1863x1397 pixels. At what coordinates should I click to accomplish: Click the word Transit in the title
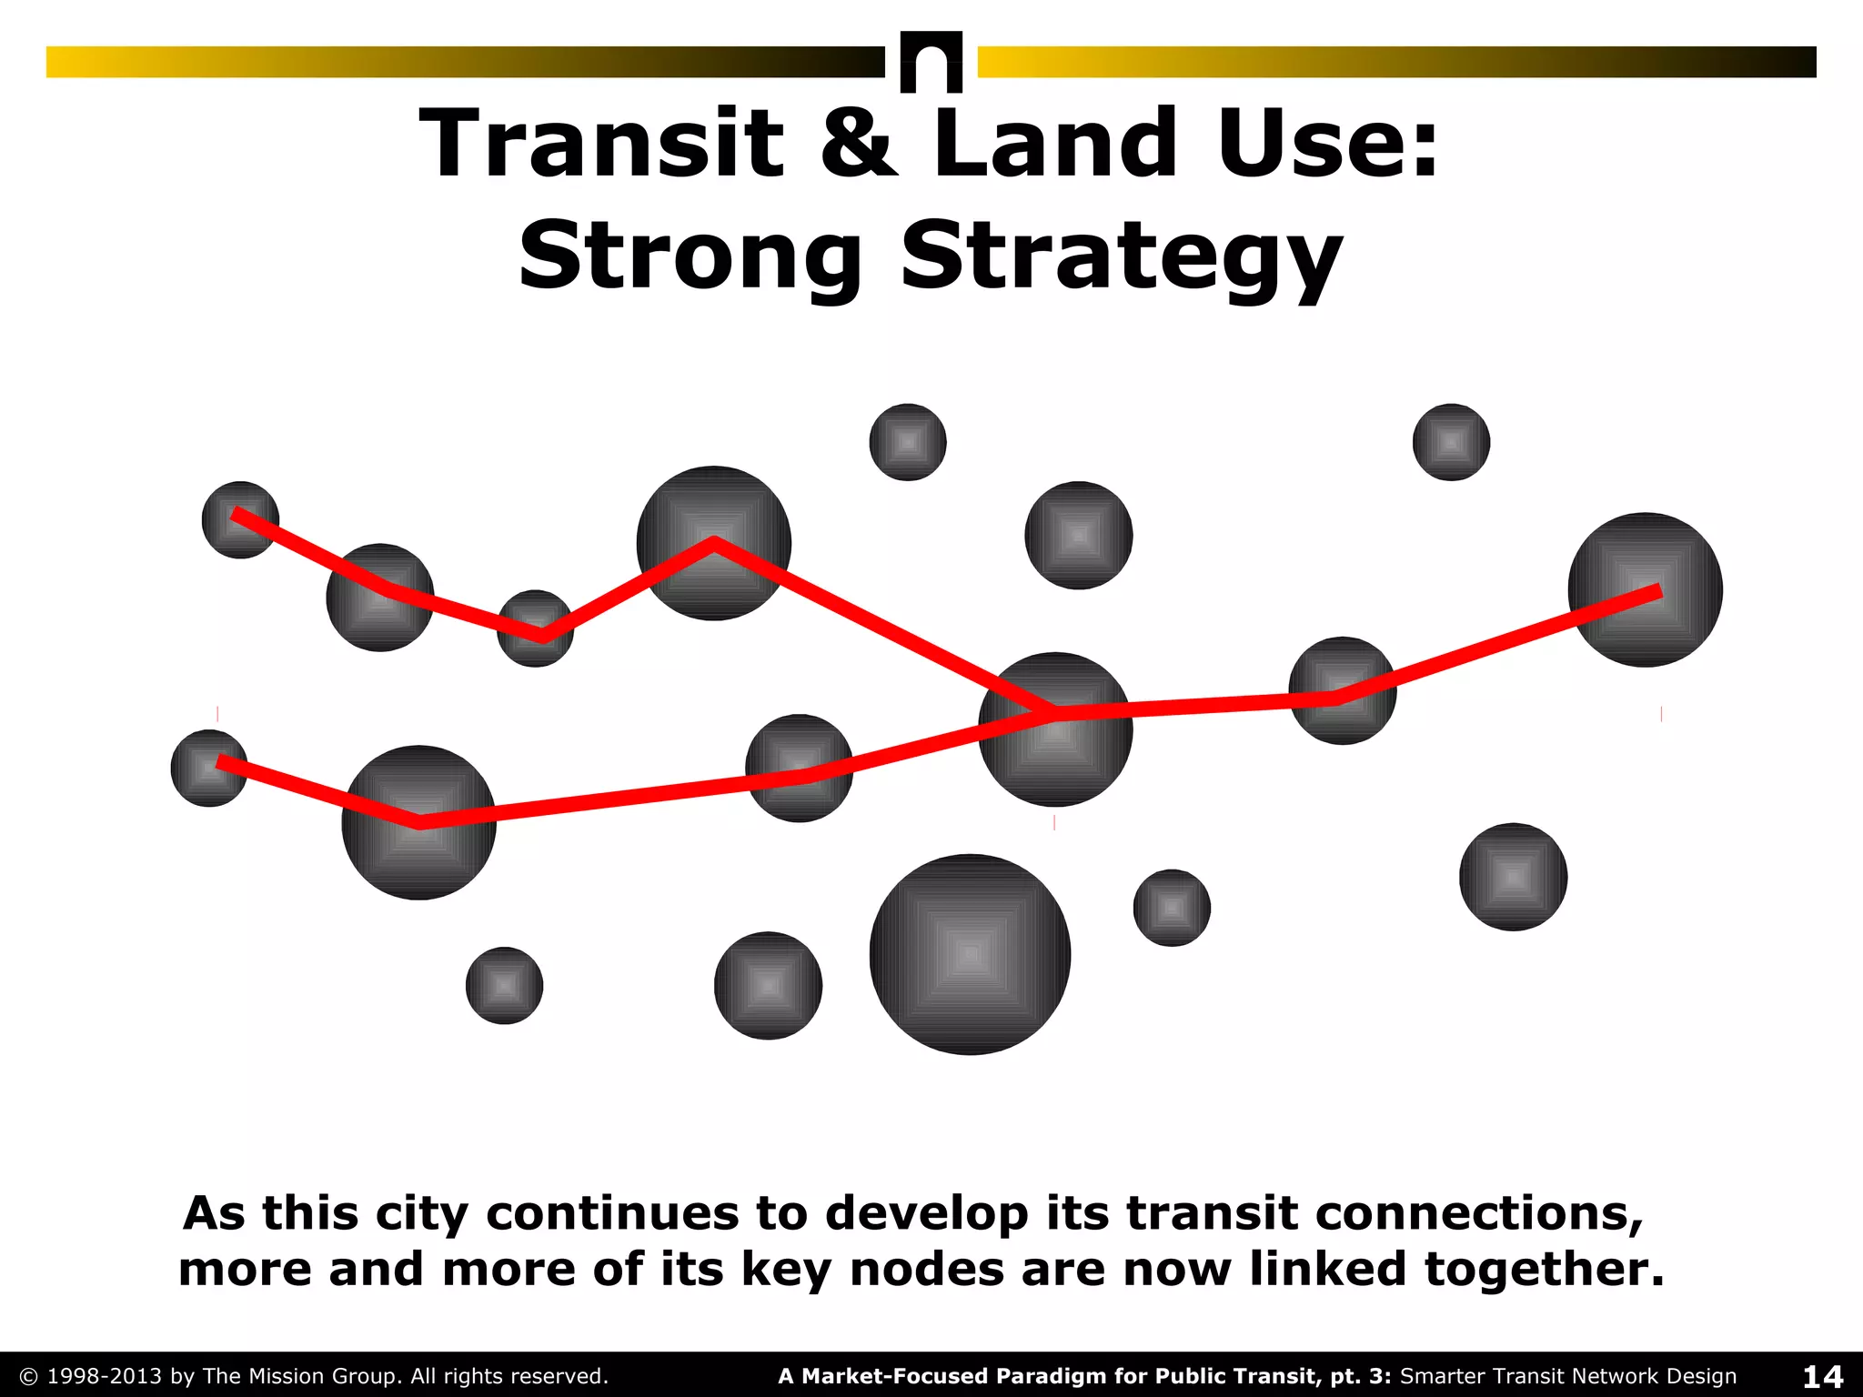pos(601,143)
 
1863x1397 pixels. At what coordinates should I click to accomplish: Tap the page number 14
pos(1822,1376)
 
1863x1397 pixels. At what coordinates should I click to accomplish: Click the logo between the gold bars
pos(931,62)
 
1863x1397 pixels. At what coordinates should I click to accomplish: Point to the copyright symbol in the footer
pos(28,1376)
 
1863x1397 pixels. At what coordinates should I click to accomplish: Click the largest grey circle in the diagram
pos(970,954)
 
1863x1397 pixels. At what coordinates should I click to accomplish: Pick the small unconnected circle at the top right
pos(1451,442)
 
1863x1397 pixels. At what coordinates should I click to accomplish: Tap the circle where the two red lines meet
pos(1055,729)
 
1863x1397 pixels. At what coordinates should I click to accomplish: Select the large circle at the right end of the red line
pos(1645,589)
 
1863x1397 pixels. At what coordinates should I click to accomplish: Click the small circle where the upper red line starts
pos(240,519)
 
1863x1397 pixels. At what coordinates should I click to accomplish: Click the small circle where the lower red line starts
pos(209,768)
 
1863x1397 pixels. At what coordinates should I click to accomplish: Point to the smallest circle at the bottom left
pos(504,985)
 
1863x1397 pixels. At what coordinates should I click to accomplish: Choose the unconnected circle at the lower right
pos(1513,877)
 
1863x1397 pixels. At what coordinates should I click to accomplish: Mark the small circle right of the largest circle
pos(1172,908)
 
